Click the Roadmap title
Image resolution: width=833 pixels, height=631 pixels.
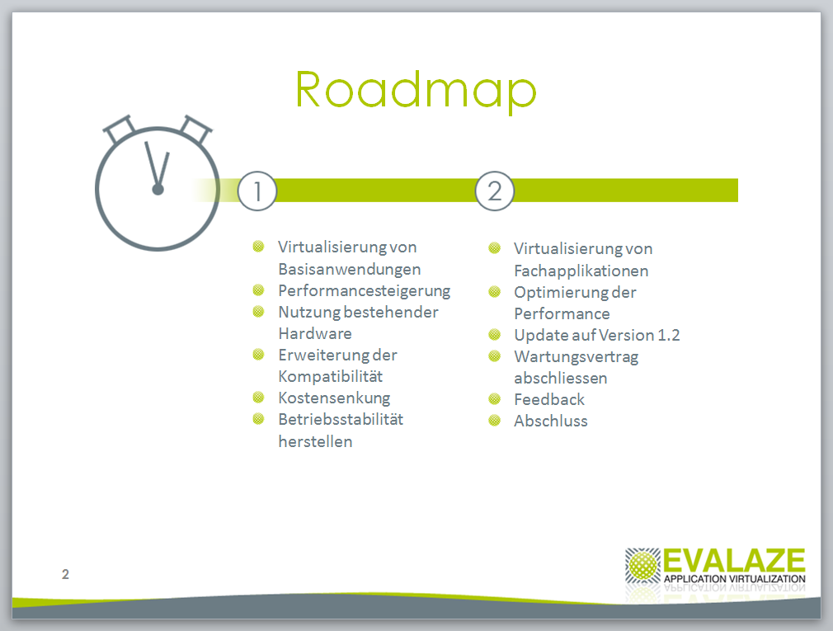pos(416,90)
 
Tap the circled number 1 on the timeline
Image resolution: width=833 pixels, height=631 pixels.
pos(257,191)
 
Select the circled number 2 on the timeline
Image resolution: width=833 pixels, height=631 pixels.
pos(494,191)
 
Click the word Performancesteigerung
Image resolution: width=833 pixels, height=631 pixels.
pos(364,291)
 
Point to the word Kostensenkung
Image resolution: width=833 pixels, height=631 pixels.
pos(334,398)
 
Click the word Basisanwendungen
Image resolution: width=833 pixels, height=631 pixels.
pos(350,269)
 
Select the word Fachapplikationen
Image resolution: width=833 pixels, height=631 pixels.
pos(581,271)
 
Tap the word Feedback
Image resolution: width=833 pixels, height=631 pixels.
pos(549,399)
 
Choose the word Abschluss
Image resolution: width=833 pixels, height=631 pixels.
pos(551,421)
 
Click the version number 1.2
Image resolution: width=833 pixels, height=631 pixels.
pos(668,335)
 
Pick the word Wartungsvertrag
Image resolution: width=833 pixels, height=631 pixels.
pos(577,357)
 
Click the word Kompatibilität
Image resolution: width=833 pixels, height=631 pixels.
pos(331,377)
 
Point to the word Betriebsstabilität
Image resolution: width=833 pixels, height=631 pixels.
pos(341,420)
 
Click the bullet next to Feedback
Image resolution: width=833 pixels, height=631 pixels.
pos(495,398)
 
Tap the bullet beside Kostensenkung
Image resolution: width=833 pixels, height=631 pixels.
pos(258,397)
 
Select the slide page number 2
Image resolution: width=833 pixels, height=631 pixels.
pos(65,574)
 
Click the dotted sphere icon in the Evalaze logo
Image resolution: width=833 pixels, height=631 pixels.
pos(642,565)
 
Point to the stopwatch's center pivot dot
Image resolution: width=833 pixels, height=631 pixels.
pos(158,189)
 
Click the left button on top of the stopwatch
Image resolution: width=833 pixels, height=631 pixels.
pos(120,129)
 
